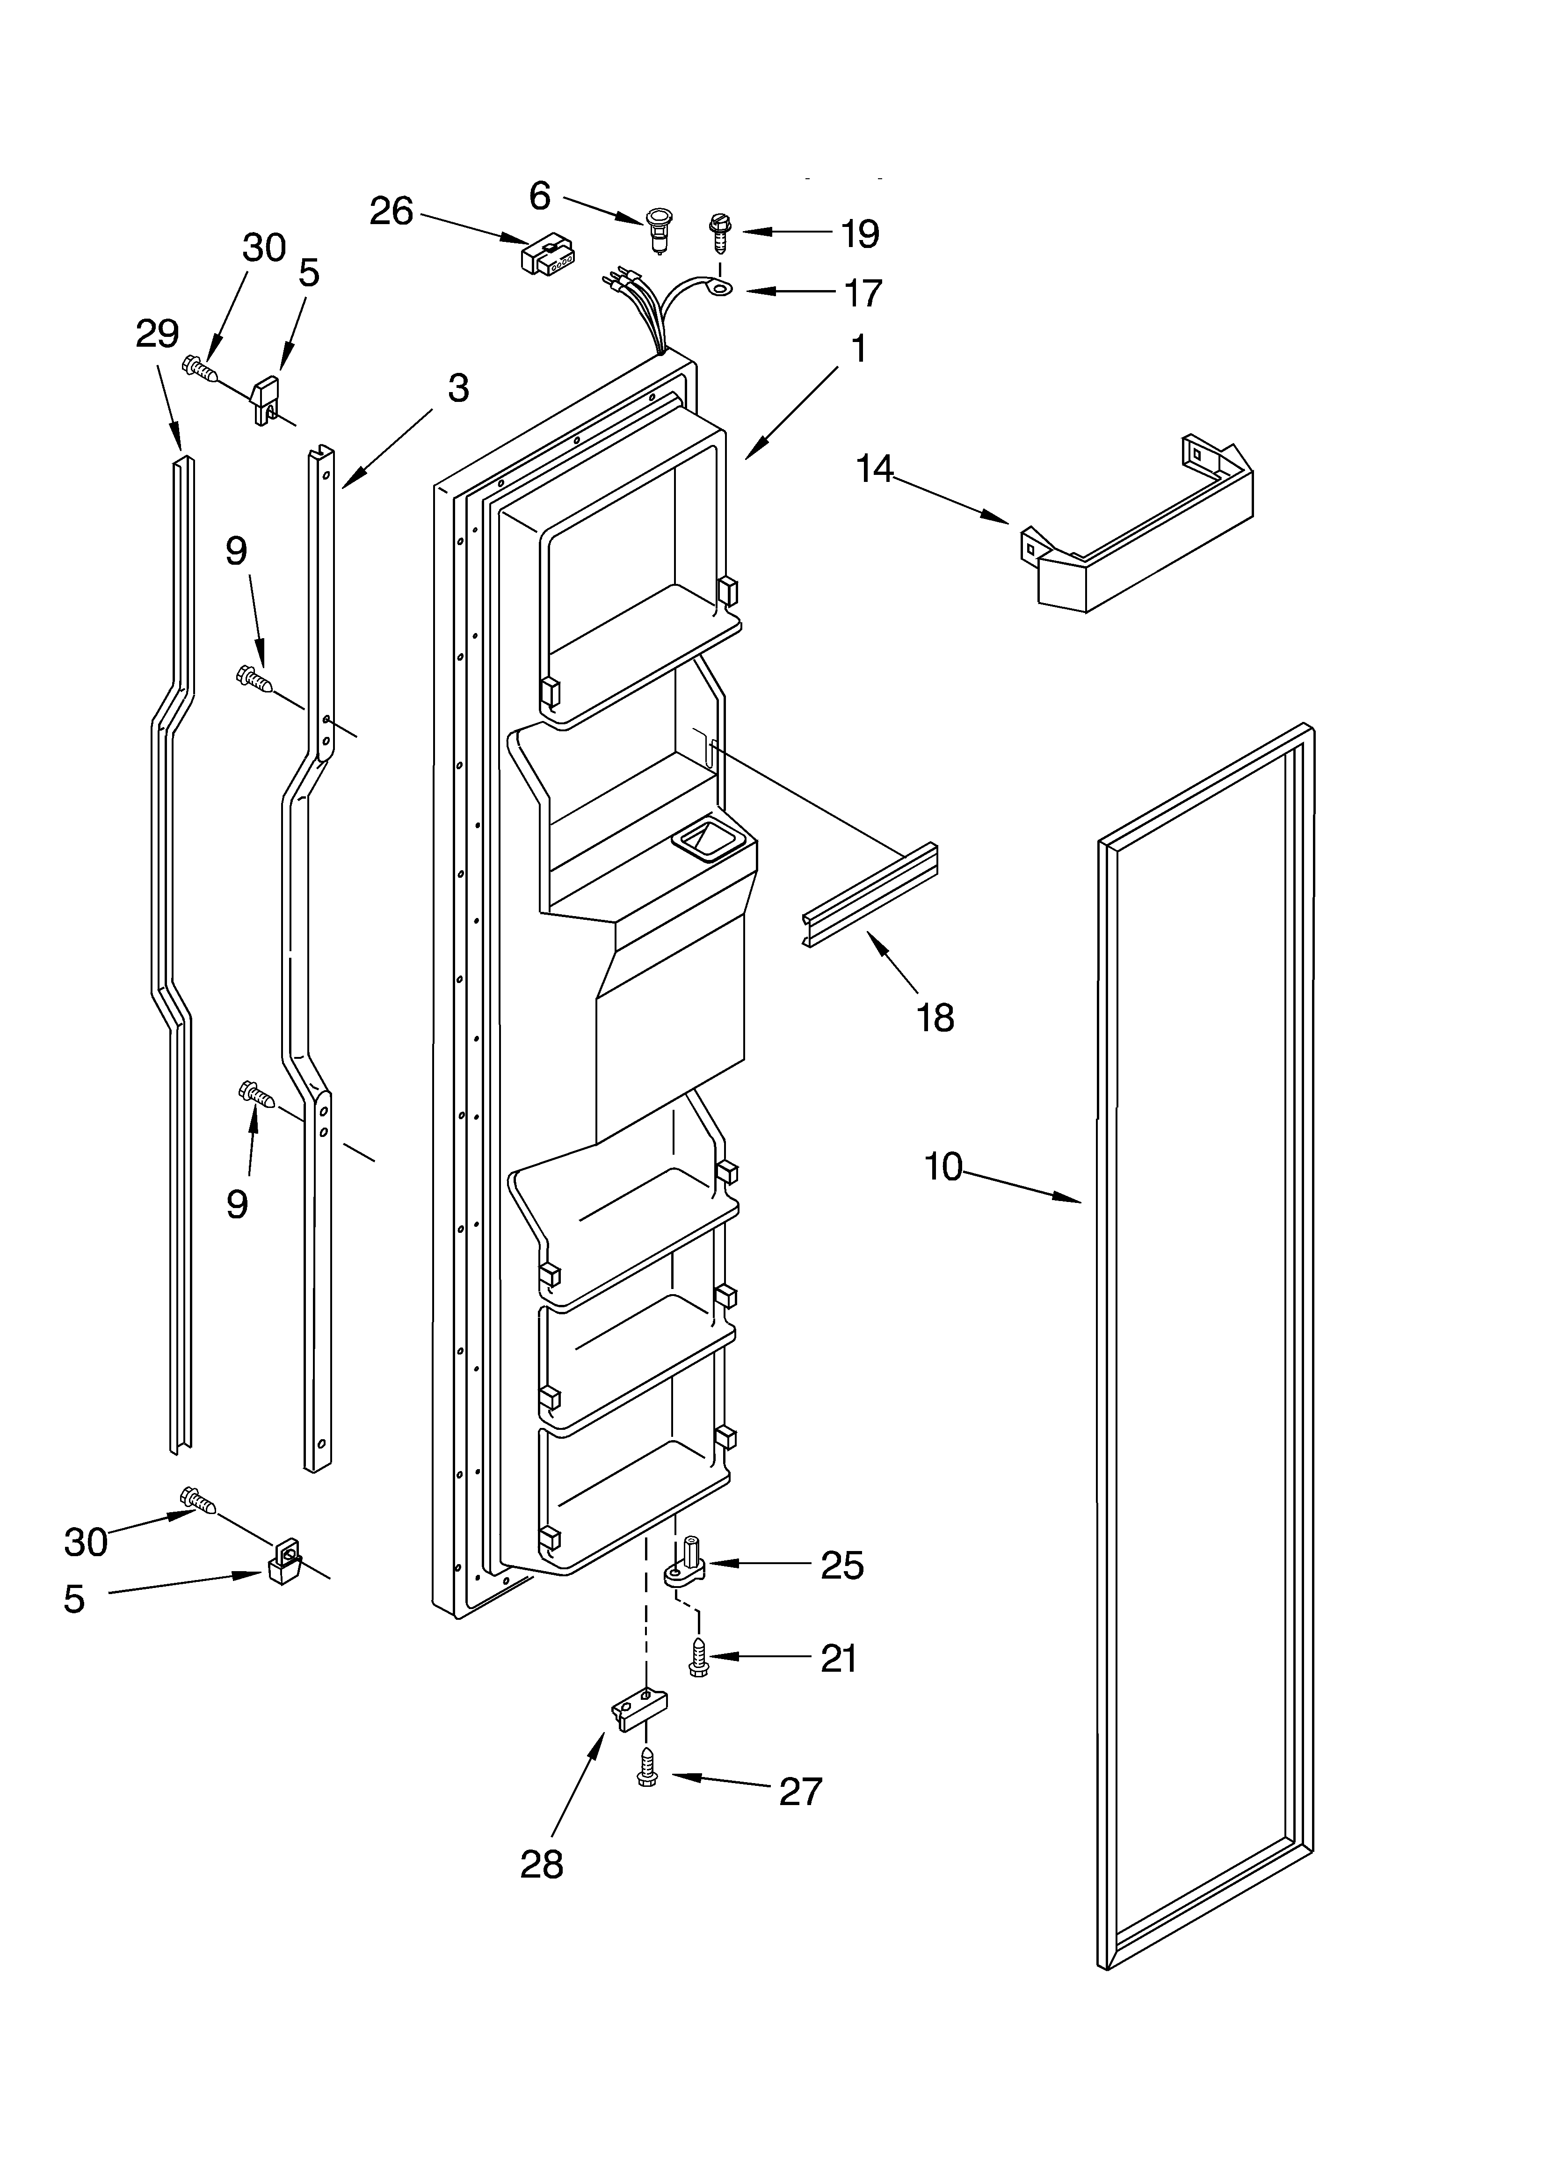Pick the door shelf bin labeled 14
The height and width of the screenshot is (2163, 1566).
tap(1140, 534)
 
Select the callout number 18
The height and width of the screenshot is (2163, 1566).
tap(935, 1018)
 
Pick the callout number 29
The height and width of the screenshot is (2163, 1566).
tap(157, 334)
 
